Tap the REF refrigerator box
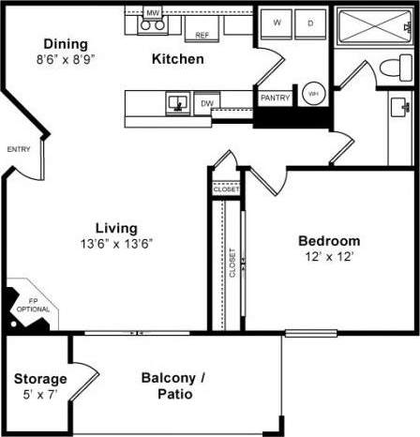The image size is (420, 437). click(x=202, y=34)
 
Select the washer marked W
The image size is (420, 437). click(x=278, y=21)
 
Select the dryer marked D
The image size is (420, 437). click(x=310, y=21)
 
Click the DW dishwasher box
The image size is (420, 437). click(x=206, y=103)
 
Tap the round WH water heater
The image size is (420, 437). click(x=313, y=94)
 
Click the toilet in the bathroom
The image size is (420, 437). click(x=397, y=67)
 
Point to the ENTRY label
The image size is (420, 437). click(x=19, y=149)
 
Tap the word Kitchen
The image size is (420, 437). click(x=177, y=59)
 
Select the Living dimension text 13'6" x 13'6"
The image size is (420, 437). click(x=117, y=243)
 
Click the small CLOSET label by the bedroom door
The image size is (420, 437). click(x=227, y=189)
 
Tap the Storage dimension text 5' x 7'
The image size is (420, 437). click(x=39, y=395)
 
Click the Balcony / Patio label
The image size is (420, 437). click(x=170, y=386)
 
